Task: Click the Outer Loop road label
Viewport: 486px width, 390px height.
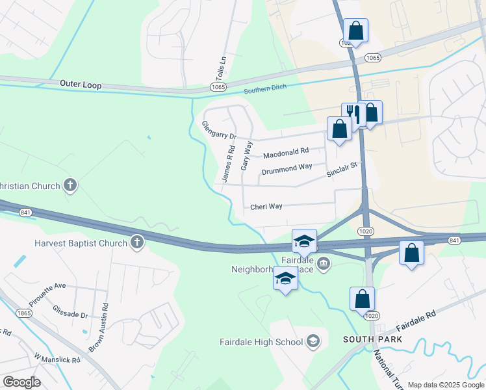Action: click(81, 84)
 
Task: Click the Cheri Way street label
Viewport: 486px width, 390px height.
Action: click(266, 207)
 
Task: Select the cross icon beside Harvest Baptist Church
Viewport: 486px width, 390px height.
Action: click(136, 243)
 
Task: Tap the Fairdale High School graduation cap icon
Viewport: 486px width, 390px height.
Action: click(313, 341)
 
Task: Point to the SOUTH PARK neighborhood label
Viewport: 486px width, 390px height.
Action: click(372, 339)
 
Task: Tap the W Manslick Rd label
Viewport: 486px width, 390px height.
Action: click(57, 359)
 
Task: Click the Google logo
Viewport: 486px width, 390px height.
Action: click(21, 382)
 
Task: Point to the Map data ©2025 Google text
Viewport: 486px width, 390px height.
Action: click(446, 385)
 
